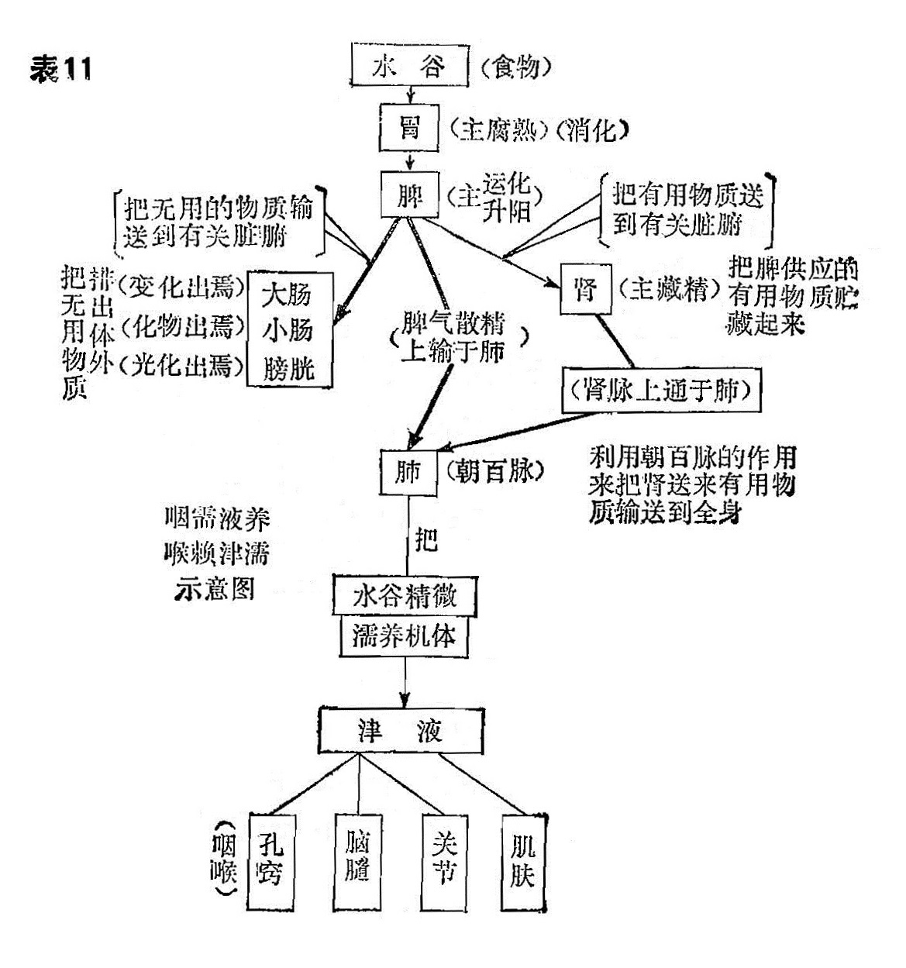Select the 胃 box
409,128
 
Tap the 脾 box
410,194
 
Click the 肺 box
408,471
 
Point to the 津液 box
400,730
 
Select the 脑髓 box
357,860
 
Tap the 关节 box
444,860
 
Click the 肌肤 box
523,860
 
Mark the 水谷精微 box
405,596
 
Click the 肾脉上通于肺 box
661,391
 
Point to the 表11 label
61,71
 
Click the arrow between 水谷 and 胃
409,96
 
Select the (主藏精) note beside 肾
665,290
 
